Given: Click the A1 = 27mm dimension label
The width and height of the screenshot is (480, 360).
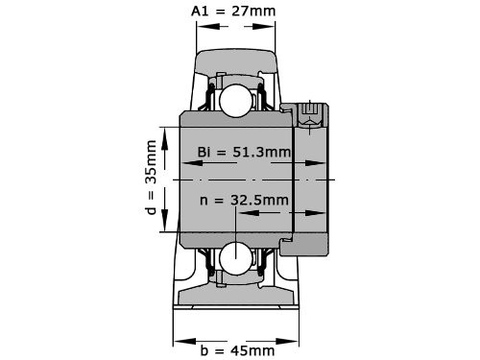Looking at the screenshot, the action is point(233,12).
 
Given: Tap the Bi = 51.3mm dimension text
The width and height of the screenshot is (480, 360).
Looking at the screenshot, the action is point(244,152).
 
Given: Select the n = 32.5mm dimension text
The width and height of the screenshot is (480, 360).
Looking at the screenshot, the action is point(244,201).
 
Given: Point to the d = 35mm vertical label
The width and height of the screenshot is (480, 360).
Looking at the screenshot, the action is point(151,178).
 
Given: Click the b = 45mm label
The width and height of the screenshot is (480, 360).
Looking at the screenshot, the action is point(237,350).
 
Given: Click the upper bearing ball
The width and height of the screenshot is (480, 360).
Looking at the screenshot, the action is point(236,101).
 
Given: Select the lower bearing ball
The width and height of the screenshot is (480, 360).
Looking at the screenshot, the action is point(236,257).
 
